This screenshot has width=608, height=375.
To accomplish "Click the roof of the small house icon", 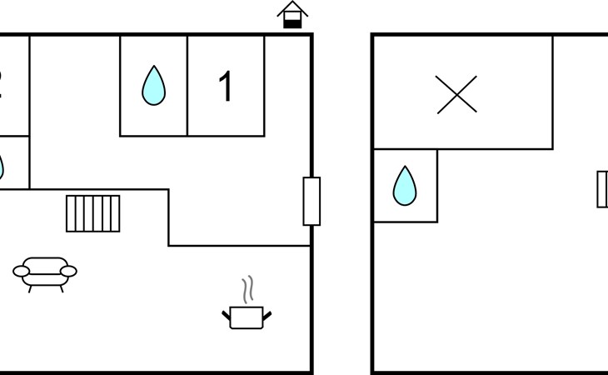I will pos(292,10).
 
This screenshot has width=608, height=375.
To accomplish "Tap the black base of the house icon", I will pos(292,23).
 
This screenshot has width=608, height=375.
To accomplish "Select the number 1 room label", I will pos(226,87).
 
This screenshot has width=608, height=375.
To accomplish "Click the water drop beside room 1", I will pos(153,86).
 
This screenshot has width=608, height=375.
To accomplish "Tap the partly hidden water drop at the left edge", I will pos(2,166).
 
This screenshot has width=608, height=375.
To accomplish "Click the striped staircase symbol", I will pos(93,213).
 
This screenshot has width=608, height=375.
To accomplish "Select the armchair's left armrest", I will pos(22,270).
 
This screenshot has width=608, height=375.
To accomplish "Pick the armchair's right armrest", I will pos(69,270).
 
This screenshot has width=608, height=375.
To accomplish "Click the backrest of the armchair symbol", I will pos(45,262).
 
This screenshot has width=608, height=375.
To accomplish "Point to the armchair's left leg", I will pos(31,287).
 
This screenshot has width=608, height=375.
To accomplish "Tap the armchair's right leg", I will pos(60,287).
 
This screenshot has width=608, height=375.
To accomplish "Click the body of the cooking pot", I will pos(247,317).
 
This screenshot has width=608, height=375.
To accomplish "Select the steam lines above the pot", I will pos(247,291).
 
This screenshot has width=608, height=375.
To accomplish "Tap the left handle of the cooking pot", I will pos(226,314).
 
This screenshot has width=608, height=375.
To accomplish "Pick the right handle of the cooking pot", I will pos(267,314).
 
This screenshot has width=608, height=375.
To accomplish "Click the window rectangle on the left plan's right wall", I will pos(311,201).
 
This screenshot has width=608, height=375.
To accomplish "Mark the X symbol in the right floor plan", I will pos(456,94).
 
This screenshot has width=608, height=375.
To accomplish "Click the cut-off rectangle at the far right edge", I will pos(603,188).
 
